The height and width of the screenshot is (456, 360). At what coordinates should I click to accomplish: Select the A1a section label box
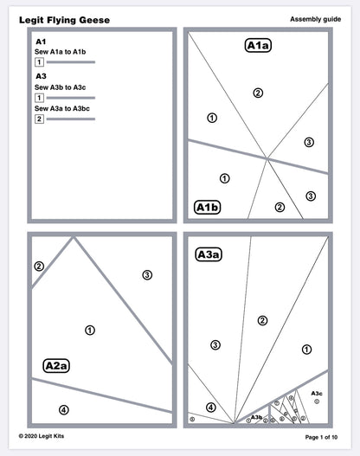coord(258,46)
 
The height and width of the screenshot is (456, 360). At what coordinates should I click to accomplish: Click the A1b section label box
coord(208,207)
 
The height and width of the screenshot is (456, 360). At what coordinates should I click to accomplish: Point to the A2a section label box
coord(56,365)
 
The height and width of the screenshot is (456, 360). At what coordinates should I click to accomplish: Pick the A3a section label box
coord(209,254)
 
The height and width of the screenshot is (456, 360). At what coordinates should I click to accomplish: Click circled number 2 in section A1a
coord(257,93)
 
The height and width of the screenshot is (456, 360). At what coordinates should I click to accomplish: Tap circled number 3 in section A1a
coord(309,142)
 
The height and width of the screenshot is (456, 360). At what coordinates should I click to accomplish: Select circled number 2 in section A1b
coord(279,207)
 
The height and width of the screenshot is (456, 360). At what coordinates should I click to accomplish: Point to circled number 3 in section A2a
coord(147,275)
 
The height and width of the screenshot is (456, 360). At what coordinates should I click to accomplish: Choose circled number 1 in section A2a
coord(90,330)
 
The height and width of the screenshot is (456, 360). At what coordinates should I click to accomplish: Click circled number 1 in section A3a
coord(305,349)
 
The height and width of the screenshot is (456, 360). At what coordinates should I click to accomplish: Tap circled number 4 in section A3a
coord(210,407)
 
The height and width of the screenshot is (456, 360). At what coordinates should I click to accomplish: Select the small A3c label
coord(316,393)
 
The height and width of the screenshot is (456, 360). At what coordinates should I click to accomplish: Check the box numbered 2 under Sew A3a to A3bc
coord(39,119)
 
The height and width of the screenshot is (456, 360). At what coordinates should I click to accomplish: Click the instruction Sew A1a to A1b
coord(60,52)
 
